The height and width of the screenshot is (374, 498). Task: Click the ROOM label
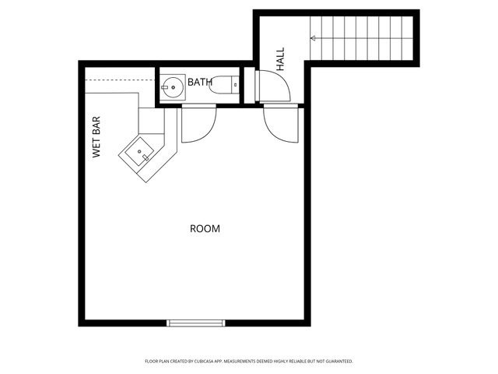205,228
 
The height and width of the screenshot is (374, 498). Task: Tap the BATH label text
200,82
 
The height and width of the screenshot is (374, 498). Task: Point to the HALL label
280,59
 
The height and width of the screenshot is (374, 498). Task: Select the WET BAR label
96,137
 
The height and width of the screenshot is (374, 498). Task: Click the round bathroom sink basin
171,87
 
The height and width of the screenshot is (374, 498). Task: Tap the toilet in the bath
224,85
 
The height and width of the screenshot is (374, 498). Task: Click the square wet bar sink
139,151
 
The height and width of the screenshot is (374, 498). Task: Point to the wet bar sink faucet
146,157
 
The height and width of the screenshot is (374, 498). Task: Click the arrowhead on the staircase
313,38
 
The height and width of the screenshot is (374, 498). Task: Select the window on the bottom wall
196,323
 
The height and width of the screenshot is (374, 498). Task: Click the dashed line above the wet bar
120,79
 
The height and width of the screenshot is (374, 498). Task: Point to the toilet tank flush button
235,85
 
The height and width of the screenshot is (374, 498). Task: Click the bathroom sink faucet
164,87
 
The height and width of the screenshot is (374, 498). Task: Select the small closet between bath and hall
249,85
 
